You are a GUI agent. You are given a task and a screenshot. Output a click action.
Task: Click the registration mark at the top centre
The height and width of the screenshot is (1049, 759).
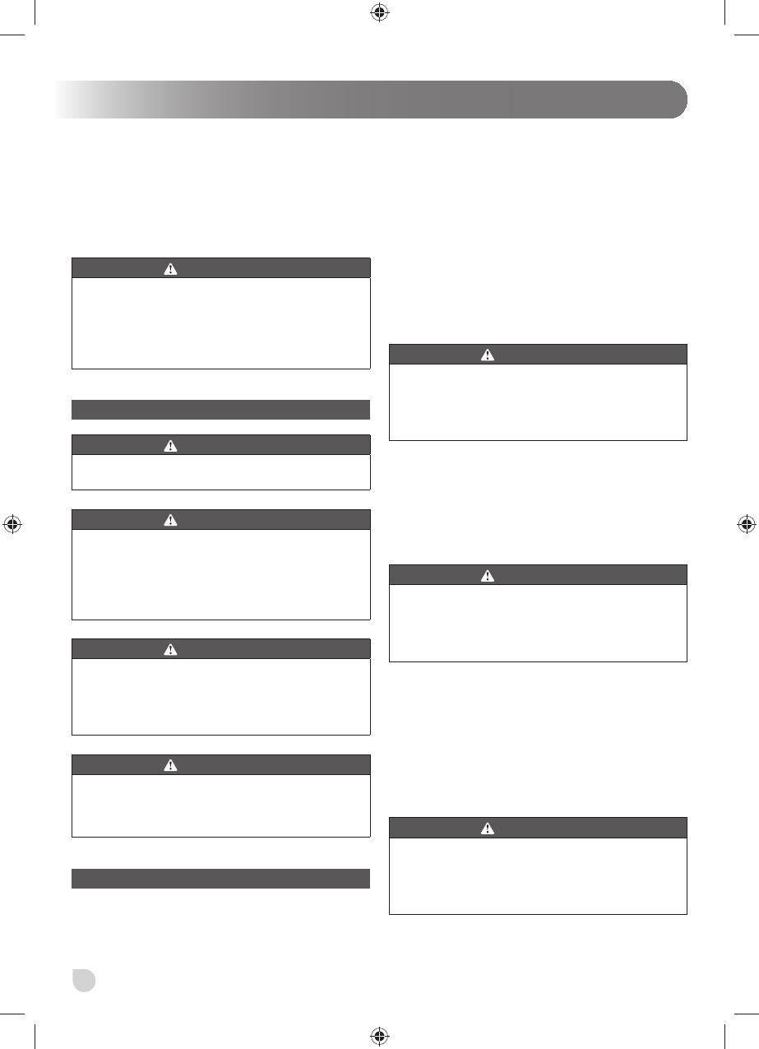(379, 12)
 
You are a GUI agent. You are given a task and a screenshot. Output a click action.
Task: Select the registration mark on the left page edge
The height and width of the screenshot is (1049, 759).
(13, 524)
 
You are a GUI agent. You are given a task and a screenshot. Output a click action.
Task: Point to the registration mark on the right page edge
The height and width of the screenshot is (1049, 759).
(745, 524)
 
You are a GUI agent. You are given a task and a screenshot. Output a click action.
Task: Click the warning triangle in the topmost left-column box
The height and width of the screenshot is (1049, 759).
(170, 268)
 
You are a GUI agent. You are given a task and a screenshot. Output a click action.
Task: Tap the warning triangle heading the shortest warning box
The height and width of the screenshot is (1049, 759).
(170, 445)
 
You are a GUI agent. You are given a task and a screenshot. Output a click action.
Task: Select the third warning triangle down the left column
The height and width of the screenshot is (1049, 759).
(170, 520)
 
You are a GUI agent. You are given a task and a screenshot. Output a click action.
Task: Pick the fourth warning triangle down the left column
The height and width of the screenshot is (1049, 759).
(170, 649)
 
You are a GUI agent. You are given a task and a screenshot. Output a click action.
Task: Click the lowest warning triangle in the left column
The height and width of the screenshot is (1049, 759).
(170, 765)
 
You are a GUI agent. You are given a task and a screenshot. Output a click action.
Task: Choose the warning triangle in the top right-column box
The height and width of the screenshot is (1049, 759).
(488, 355)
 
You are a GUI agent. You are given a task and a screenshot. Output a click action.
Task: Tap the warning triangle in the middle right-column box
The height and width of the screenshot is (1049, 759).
(488, 575)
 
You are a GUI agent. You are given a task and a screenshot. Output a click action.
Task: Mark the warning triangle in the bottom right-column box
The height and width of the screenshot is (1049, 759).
(488, 828)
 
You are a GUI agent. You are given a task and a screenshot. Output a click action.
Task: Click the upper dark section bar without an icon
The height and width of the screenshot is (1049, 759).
(221, 410)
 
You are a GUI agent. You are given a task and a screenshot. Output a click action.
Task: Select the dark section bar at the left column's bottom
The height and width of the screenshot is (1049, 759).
(221, 879)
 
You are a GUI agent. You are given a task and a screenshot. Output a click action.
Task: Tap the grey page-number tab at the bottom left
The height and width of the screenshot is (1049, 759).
(84, 979)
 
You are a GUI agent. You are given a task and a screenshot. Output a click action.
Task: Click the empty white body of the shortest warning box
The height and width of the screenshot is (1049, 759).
(221, 472)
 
